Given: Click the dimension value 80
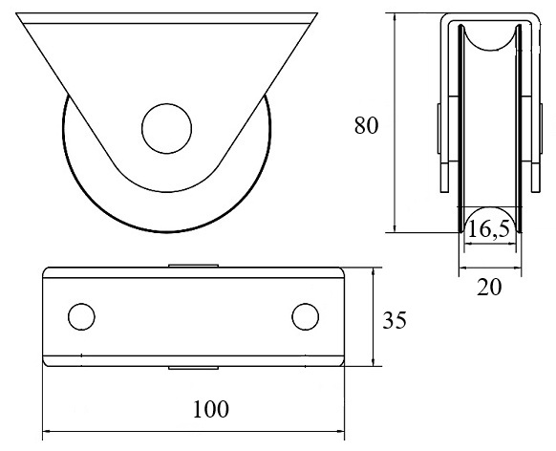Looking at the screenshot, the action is pos(366,125).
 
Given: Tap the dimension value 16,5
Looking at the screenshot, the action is pos(488,228).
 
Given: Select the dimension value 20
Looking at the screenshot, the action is pos(489,287).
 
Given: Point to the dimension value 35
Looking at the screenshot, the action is pos(395,320).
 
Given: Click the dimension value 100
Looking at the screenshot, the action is pos(211,409).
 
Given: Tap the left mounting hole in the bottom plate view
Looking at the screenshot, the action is pos(81,316).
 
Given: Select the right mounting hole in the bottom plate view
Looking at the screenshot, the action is pos(306,316).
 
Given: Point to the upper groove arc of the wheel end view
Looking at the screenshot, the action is pos(490,49).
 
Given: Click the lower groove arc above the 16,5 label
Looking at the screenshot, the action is pos(490,207).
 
